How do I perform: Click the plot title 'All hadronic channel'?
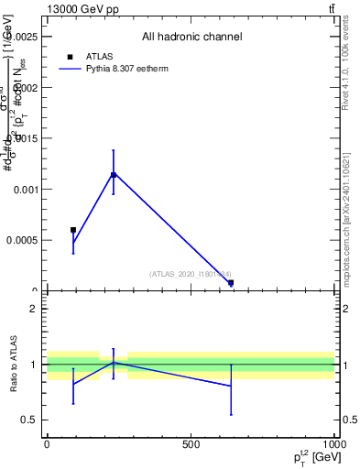(191, 37)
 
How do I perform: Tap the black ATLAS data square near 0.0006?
(73, 230)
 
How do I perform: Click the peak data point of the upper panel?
(114, 174)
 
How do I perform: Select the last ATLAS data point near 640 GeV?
(231, 283)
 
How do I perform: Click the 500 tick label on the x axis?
(191, 444)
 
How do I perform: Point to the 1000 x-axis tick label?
(334, 444)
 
